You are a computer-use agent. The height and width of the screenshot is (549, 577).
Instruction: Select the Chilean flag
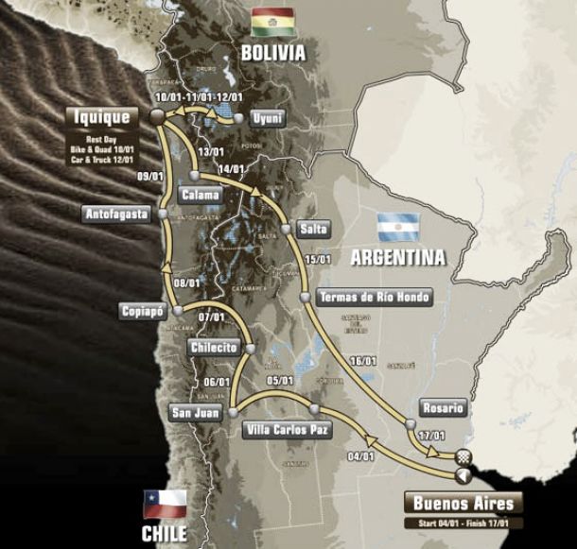pyautogui.click(x=164, y=503)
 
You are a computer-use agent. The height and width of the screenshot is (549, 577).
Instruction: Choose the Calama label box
pyautogui.click(x=200, y=196)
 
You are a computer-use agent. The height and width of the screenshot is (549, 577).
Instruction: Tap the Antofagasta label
pyautogui.click(x=116, y=214)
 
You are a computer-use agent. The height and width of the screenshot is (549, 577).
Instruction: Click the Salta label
pyautogui.click(x=313, y=230)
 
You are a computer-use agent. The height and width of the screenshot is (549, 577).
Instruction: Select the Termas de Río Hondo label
pyautogui.click(x=375, y=297)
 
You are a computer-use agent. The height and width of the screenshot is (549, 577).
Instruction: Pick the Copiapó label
pyautogui.click(x=144, y=311)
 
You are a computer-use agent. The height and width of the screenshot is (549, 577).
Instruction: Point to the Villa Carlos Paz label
pyautogui.click(x=287, y=430)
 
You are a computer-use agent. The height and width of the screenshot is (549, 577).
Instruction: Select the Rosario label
pyautogui.click(x=444, y=408)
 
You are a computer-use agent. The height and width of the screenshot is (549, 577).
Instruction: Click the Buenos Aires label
pyautogui.click(x=463, y=504)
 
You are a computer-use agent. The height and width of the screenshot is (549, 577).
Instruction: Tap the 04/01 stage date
pyautogui.click(x=360, y=457)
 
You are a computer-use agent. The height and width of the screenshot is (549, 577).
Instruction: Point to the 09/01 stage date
pyautogui.click(x=149, y=176)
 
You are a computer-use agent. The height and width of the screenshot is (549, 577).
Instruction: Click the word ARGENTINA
pyautogui.click(x=397, y=257)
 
